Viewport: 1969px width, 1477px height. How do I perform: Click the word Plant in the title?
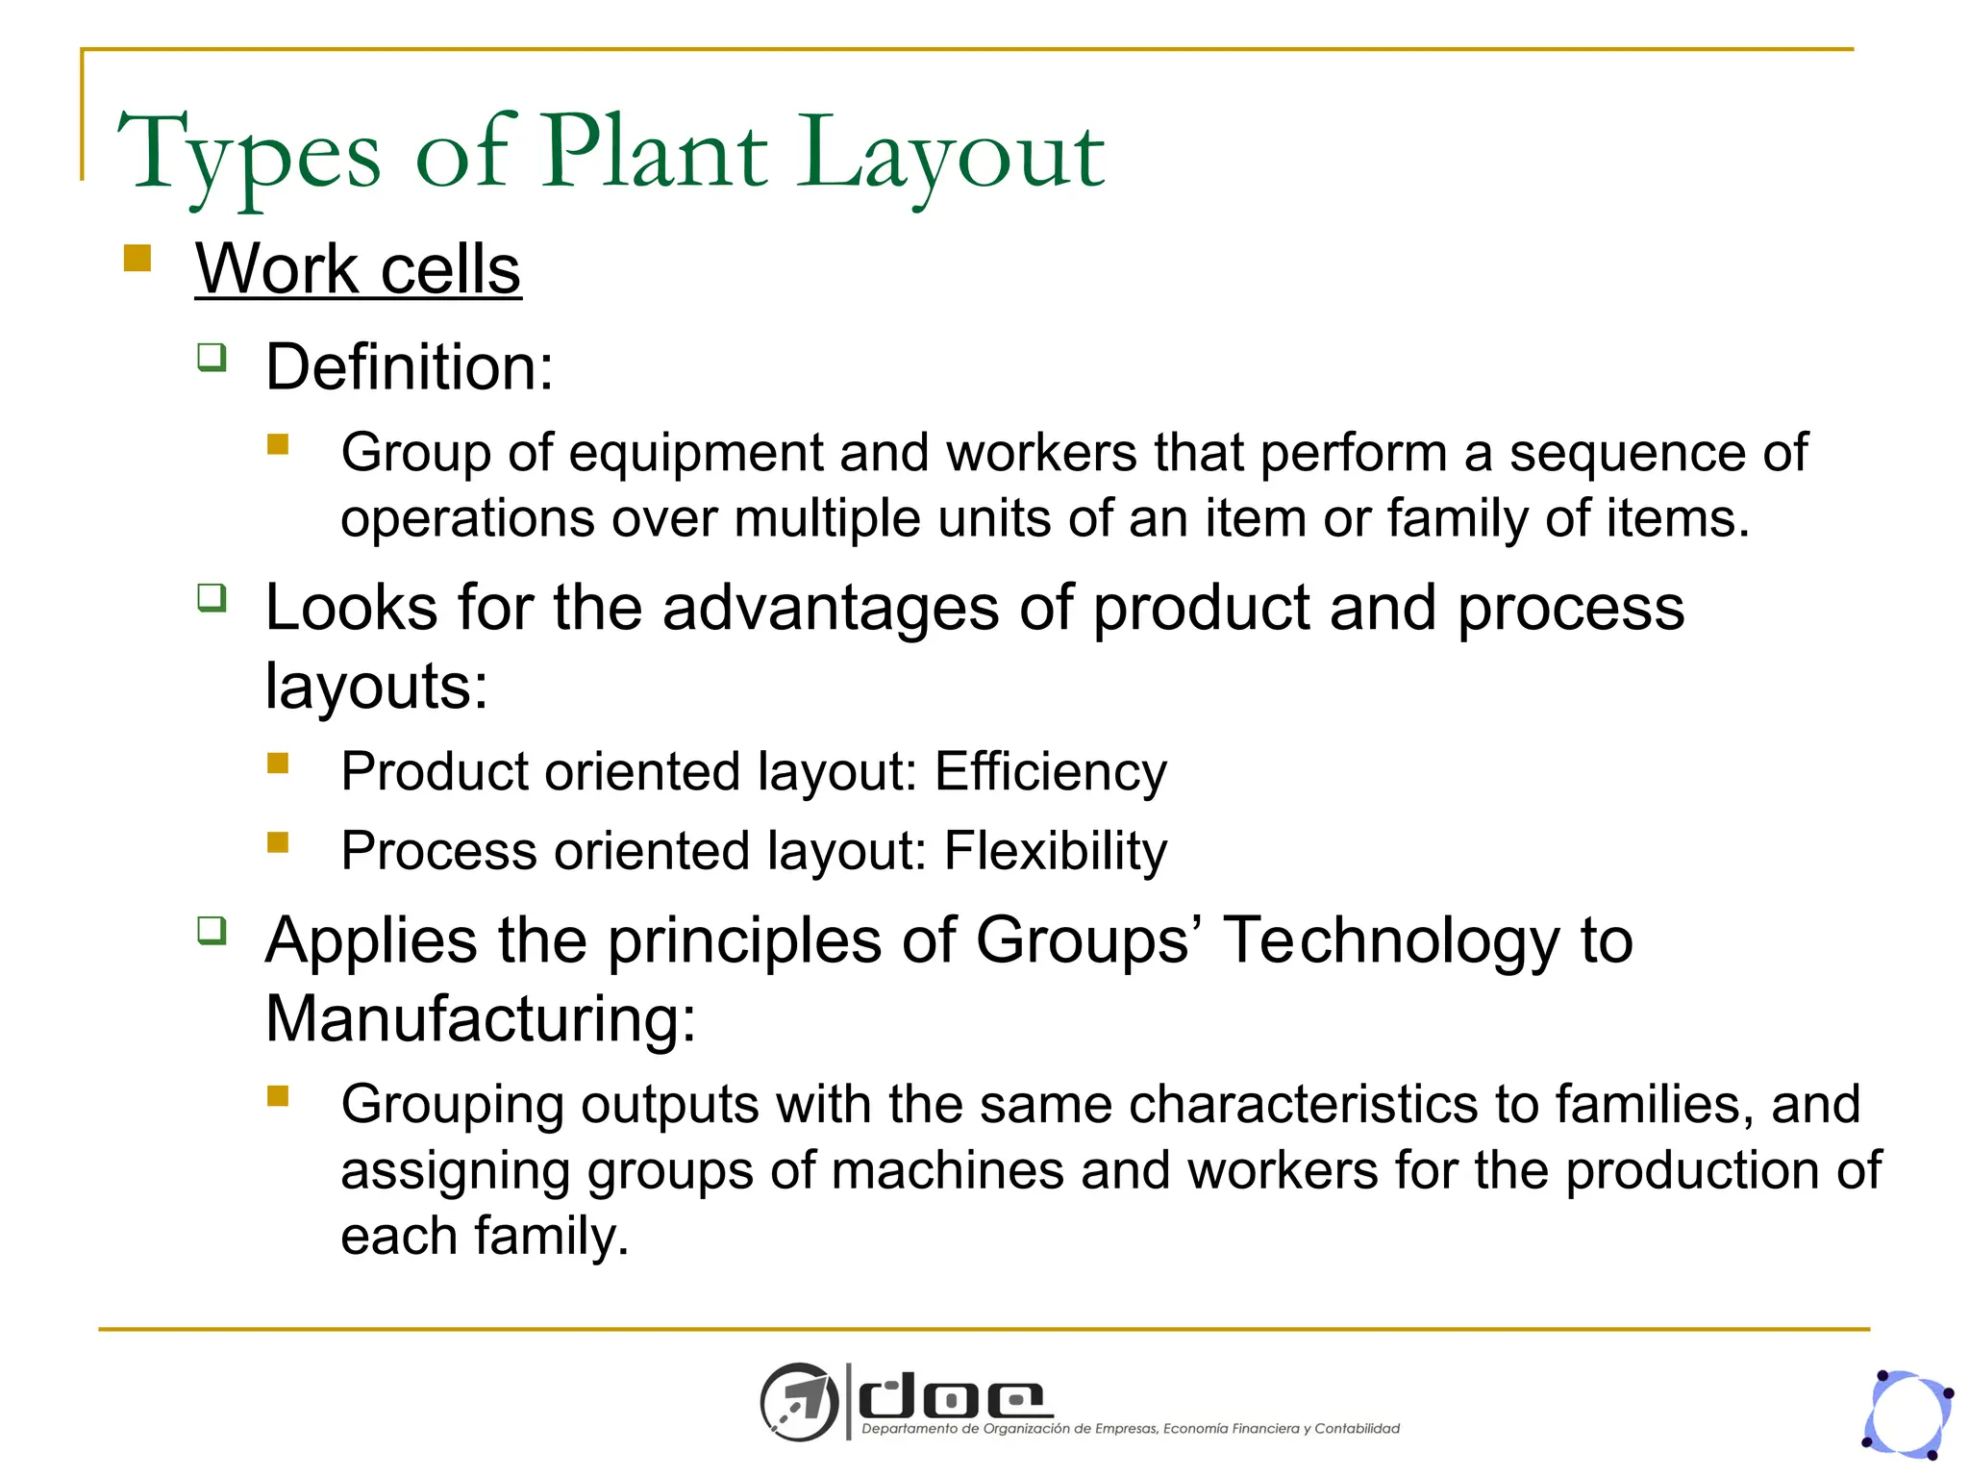(655, 152)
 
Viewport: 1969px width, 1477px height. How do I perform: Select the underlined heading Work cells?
(358, 268)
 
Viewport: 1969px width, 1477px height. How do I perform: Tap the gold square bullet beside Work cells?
(137, 259)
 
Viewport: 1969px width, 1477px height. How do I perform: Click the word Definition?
(410, 366)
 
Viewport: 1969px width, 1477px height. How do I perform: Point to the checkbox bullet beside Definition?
(212, 358)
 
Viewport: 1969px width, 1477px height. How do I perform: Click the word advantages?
(832, 608)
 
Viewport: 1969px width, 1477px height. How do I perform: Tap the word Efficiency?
(1050, 771)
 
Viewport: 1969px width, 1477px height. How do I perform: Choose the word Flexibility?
(1055, 850)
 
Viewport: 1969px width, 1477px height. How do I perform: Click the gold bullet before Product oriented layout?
(278, 764)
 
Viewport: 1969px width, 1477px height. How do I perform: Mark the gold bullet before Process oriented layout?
(278, 842)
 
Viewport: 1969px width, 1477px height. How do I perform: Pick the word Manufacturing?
(480, 1018)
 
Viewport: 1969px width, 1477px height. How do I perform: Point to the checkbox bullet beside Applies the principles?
(212, 931)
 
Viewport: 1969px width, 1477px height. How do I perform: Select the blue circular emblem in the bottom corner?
(1908, 1414)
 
